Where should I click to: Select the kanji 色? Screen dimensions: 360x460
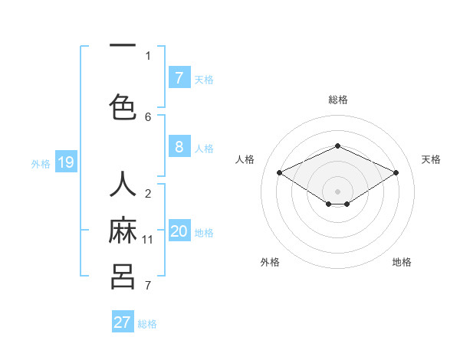[123, 106]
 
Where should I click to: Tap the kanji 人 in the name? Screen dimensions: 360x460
[123, 185]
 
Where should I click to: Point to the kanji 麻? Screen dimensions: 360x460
[123, 231]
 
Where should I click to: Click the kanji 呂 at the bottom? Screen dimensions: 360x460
[123, 276]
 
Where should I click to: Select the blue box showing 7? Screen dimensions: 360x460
[179, 77]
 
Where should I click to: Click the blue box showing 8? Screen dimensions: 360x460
[179, 147]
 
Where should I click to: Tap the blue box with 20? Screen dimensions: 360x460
[179, 231]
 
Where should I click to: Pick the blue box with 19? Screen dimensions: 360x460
[65, 162]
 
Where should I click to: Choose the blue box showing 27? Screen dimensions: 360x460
[123, 322]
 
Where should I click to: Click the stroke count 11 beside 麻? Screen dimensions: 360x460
[148, 240]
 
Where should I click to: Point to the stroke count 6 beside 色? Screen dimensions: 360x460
[148, 116]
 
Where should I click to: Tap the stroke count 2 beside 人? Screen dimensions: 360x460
[148, 194]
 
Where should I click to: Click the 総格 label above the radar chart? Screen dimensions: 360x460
[338, 100]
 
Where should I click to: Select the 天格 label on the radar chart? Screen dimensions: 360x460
[431, 159]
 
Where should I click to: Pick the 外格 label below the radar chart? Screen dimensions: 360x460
[270, 262]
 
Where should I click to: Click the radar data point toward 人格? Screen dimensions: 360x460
[280, 173]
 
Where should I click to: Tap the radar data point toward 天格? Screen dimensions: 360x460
[396, 173]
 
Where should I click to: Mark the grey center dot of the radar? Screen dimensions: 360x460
[337, 190]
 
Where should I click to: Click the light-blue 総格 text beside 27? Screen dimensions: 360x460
[147, 324]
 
